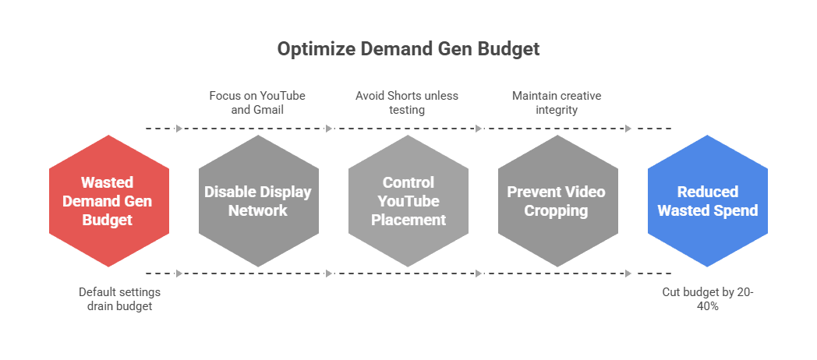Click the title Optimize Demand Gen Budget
408,49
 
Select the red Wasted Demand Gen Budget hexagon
108,201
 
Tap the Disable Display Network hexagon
257,201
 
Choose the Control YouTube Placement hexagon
408,201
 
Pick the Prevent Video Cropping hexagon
557,201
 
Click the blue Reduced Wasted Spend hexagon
707,201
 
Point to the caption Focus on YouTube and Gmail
257,103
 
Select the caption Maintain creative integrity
557,103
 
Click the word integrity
557,110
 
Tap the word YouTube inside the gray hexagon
408,201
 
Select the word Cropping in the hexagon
557,210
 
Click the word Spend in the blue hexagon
738,210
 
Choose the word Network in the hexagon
257,210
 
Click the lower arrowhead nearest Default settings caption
179,273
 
